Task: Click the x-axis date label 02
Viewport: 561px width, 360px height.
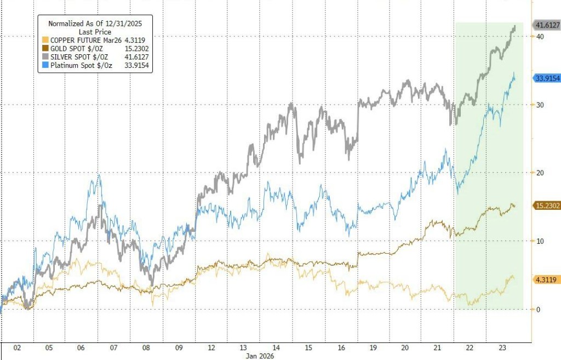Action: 17,348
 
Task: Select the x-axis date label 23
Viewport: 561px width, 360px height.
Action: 501,348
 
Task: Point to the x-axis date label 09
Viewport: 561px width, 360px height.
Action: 179,348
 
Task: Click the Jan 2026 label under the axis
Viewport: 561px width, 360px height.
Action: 260,356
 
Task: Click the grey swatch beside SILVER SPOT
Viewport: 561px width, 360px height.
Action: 45,57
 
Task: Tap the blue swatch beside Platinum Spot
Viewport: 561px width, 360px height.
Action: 45,66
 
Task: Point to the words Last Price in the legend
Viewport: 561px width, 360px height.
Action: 95,32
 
